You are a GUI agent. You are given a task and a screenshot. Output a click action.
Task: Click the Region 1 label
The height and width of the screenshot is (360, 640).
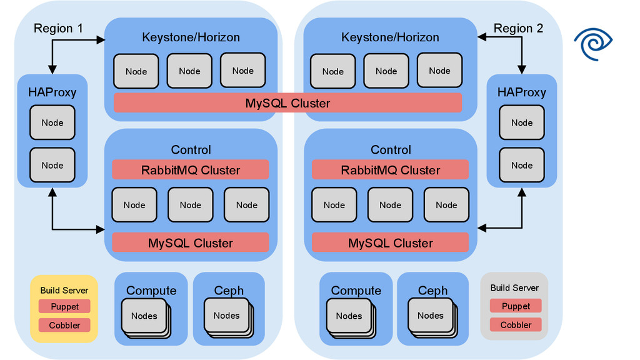point(58,28)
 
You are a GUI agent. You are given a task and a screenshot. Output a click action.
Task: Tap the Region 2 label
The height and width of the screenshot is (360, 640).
point(518,28)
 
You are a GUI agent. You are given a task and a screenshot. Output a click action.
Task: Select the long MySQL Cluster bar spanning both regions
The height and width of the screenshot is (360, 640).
point(287,103)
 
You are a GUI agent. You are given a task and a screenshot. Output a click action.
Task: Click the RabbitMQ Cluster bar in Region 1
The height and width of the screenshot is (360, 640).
point(191,170)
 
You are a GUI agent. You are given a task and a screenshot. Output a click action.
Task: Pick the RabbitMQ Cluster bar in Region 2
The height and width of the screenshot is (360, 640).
point(390,170)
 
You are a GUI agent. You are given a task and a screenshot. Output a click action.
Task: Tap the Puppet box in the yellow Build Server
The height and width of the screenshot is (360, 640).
point(64,306)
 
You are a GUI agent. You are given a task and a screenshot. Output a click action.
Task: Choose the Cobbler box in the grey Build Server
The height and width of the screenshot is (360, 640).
point(516,325)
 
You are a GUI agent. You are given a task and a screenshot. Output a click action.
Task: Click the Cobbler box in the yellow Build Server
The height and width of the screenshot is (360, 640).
point(64,325)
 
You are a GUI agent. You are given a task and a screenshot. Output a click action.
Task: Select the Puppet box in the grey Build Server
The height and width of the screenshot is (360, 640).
point(516,306)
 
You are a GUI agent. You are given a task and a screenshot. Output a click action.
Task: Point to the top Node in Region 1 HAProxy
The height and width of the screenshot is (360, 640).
point(52,122)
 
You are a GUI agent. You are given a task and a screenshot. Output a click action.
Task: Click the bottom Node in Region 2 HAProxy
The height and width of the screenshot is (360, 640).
point(521,165)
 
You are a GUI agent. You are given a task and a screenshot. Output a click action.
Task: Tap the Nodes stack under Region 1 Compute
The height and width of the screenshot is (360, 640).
point(144,316)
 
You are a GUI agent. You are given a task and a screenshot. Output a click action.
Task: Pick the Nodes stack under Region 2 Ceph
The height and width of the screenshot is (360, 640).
point(431,316)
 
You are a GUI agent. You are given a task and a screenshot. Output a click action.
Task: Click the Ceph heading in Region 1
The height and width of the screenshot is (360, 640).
point(229,291)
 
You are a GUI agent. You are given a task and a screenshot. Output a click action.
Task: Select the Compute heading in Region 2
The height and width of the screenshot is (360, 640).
point(356,291)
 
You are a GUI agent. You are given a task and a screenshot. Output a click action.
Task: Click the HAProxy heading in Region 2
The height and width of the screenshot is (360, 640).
point(521,92)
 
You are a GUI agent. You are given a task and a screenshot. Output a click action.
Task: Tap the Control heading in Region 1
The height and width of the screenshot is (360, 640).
point(191,150)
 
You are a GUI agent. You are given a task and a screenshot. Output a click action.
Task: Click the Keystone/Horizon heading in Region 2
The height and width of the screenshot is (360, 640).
point(390,37)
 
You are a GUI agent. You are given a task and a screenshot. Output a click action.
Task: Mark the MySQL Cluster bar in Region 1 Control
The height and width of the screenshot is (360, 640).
point(191,243)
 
